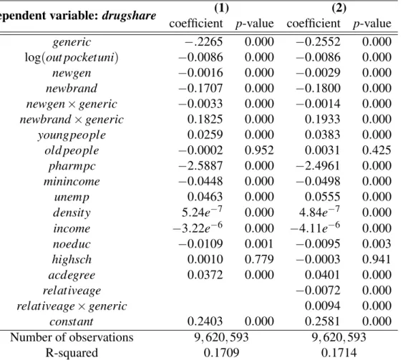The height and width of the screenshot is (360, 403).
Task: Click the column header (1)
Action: [221, 8]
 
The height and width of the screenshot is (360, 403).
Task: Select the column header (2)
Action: [339, 8]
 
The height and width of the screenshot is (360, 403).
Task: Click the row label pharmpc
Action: [72, 166]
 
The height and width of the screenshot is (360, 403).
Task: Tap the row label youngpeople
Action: [72, 135]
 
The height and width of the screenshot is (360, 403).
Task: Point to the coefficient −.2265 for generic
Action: [204, 42]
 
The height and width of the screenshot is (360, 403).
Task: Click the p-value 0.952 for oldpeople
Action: [259, 150]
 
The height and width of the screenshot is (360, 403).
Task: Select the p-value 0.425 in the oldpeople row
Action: [377, 150]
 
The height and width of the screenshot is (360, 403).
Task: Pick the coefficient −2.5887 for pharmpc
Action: [200, 166]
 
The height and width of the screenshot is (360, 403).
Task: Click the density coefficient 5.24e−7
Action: [202, 212]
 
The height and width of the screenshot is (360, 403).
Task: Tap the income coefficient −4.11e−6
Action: [315, 228]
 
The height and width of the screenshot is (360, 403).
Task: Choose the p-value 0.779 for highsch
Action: [259, 259]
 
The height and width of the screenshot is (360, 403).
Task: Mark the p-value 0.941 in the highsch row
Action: [377, 259]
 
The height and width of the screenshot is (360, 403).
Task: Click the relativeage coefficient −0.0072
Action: [319, 291]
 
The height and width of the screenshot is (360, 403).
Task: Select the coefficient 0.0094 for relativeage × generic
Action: [323, 306]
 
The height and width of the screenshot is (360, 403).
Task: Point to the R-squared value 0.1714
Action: [339, 353]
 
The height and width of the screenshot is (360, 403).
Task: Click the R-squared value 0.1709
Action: [221, 353]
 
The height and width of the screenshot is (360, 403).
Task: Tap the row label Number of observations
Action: [72, 337]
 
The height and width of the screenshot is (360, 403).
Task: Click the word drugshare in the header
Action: [129, 16]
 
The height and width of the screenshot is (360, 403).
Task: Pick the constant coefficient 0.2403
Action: [205, 321]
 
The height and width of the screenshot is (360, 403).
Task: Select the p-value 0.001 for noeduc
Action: [259, 244]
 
